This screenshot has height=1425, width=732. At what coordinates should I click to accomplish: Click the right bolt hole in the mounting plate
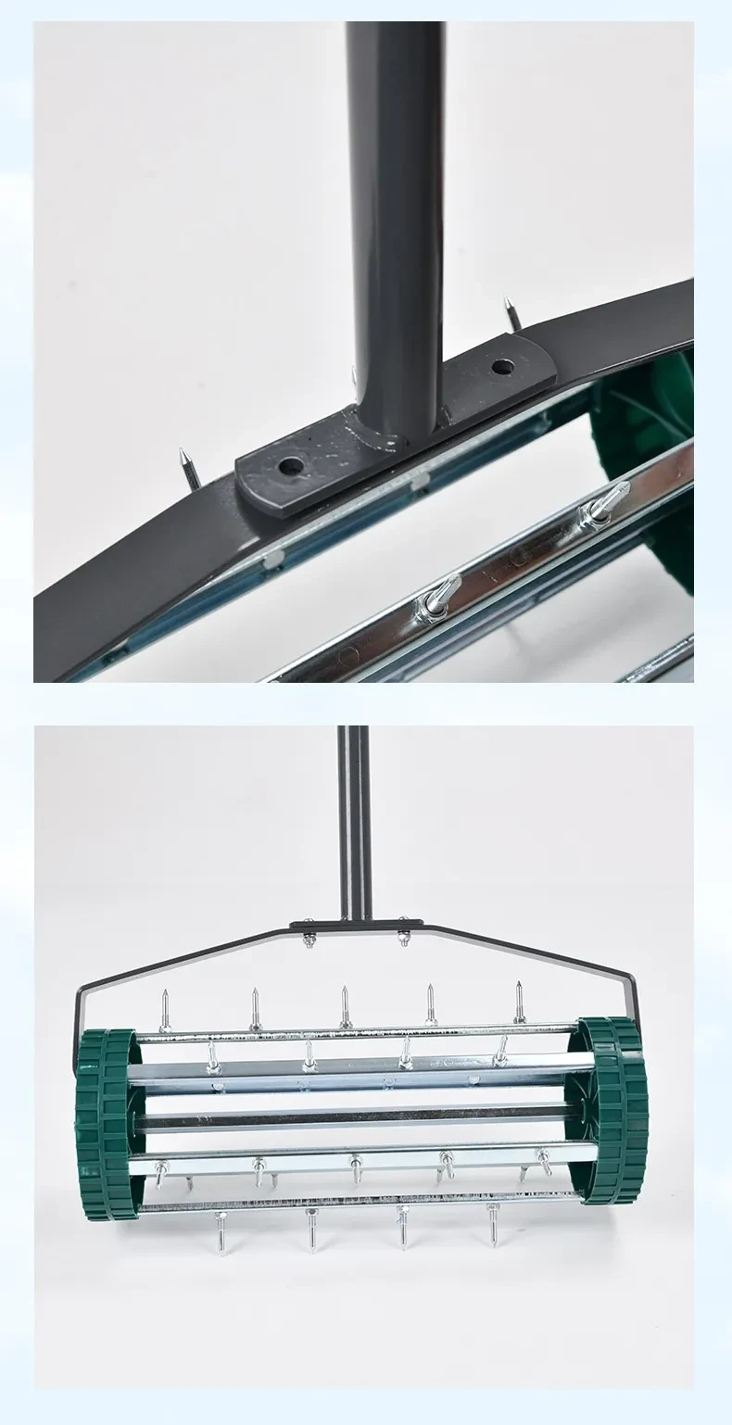pos(502,367)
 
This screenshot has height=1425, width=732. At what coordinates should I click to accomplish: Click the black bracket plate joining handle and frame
pos(356,925)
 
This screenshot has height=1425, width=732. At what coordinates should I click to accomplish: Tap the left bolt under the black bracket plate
pos(308,939)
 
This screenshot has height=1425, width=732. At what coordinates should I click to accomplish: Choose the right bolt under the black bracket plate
pos(404,938)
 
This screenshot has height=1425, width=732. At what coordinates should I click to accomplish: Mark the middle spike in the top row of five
pos(345,1006)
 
